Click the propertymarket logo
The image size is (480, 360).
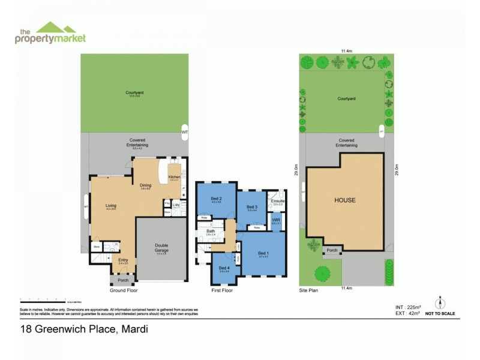(x=50, y=33)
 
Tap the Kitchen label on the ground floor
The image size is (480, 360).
(x=175, y=176)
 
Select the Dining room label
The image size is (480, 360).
(x=145, y=185)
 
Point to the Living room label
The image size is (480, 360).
(x=110, y=206)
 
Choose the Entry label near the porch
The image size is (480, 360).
(x=123, y=260)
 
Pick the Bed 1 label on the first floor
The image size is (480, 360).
(x=263, y=253)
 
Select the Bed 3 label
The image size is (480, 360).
(x=251, y=207)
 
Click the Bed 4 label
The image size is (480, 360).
(x=224, y=268)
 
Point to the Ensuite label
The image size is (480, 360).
(x=278, y=201)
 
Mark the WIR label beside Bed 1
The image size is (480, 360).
(x=276, y=220)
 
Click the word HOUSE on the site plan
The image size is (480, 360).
(x=345, y=200)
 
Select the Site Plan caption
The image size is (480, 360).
(x=310, y=290)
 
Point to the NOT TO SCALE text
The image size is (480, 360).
(x=440, y=314)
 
